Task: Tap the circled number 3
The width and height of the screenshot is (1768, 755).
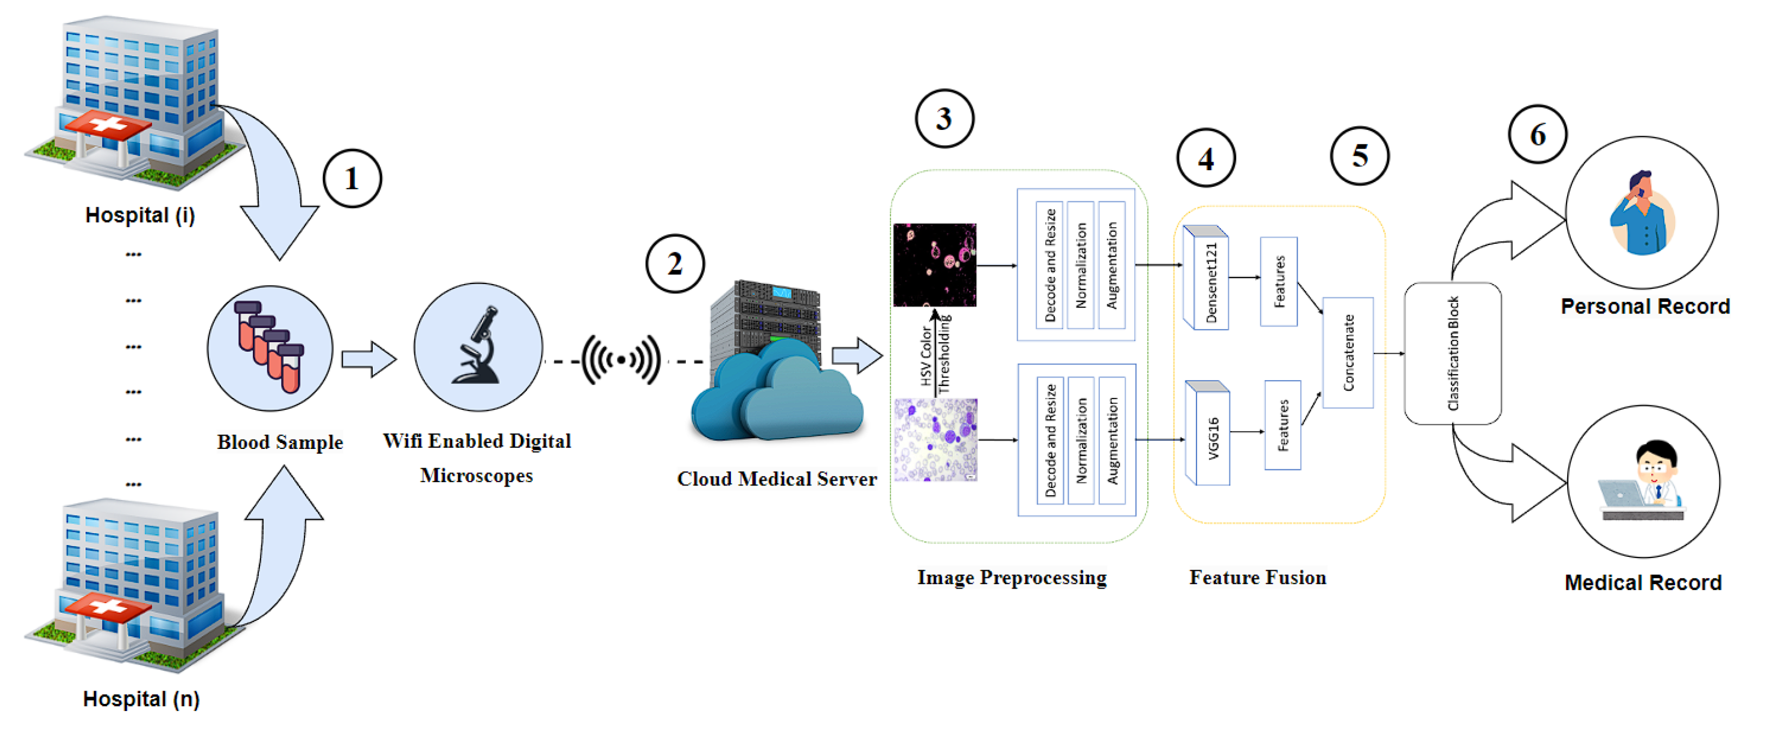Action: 944,119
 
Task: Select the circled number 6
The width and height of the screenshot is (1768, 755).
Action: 1538,135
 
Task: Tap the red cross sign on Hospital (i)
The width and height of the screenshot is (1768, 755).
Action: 106,126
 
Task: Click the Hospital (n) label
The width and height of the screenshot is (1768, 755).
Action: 141,699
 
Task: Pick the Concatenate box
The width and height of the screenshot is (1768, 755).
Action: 1348,353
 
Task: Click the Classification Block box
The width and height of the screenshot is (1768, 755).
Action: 1452,353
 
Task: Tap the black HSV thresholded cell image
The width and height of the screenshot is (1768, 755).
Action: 934,265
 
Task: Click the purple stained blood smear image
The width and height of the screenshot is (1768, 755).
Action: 936,440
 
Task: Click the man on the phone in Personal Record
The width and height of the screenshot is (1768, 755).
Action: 1642,214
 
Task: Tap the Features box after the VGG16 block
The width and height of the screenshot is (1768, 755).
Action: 1282,425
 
